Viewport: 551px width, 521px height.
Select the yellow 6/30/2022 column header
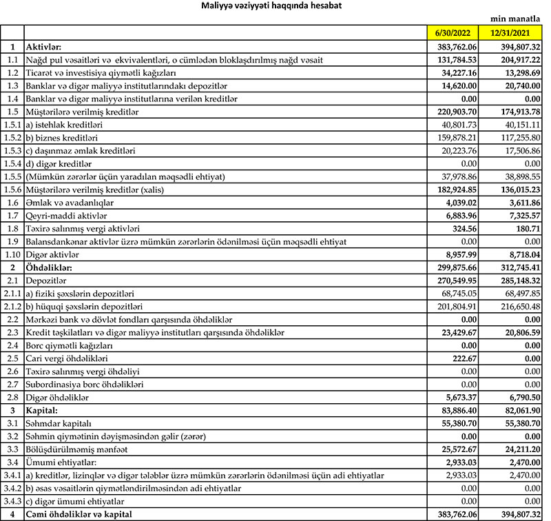pos(453,33)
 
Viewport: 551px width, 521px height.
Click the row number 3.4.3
pos(12,501)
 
